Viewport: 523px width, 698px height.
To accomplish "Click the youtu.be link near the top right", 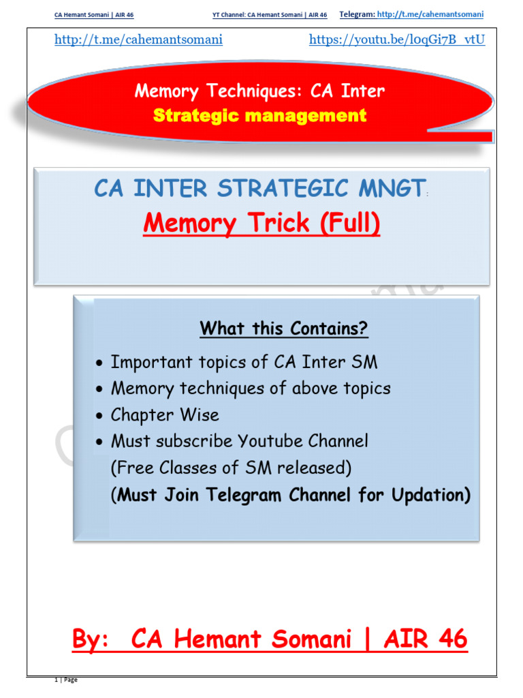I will click(397, 40).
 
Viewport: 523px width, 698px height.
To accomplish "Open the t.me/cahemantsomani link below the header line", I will click(138, 40).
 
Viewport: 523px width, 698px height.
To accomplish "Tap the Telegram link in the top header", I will click(431, 14).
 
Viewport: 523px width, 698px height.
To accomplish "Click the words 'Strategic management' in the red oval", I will click(259, 115).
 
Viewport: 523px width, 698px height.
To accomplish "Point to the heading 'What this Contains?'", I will click(284, 329).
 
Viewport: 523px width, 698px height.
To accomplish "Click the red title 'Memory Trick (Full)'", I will click(261, 223).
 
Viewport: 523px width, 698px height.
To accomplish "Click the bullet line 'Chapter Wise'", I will click(165, 414).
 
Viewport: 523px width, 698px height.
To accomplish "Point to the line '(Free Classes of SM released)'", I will click(231, 468).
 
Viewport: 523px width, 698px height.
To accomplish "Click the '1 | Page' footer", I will click(66, 680).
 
